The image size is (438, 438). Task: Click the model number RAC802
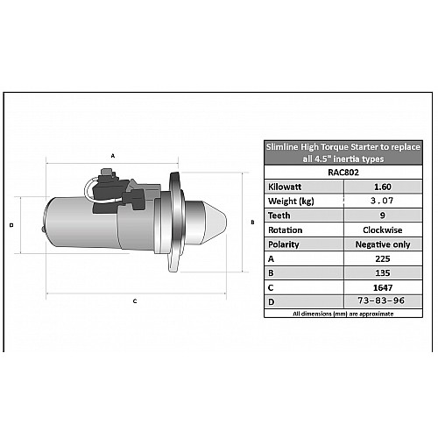(x=343, y=173)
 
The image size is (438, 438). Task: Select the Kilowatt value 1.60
(x=383, y=187)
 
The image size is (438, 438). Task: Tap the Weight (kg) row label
(x=291, y=201)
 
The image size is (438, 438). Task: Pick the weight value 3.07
(x=382, y=201)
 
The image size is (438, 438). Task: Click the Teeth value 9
(x=383, y=215)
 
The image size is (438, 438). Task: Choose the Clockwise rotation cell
(x=383, y=230)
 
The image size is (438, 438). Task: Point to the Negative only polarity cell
(x=383, y=244)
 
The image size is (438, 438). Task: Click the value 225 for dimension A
(x=383, y=258)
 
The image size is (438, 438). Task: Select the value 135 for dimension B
(x=383, y=273)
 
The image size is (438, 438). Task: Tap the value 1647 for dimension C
(x=383, y=288)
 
